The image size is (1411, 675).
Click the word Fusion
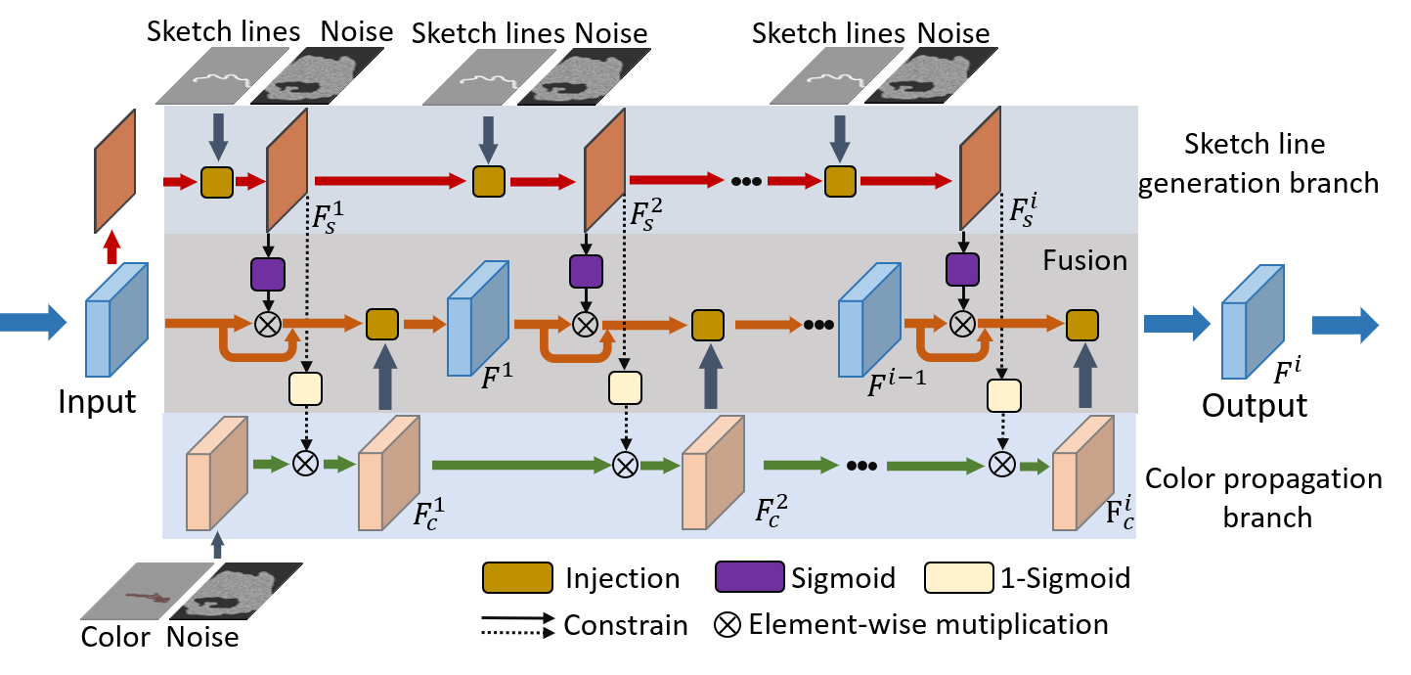1083,260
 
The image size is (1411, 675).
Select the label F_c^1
428,513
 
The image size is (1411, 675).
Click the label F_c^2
771,510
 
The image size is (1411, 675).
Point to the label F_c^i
1120,513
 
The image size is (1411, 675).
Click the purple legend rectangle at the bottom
750,577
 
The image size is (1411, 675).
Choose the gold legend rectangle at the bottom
517,577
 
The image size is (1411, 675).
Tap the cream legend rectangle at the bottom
958,577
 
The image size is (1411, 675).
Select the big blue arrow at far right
1345,325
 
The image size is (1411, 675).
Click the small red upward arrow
112,247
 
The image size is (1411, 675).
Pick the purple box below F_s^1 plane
267,274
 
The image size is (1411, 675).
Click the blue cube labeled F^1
477,319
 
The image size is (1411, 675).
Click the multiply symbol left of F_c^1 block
306,464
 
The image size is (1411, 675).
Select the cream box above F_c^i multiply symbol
1003,395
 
